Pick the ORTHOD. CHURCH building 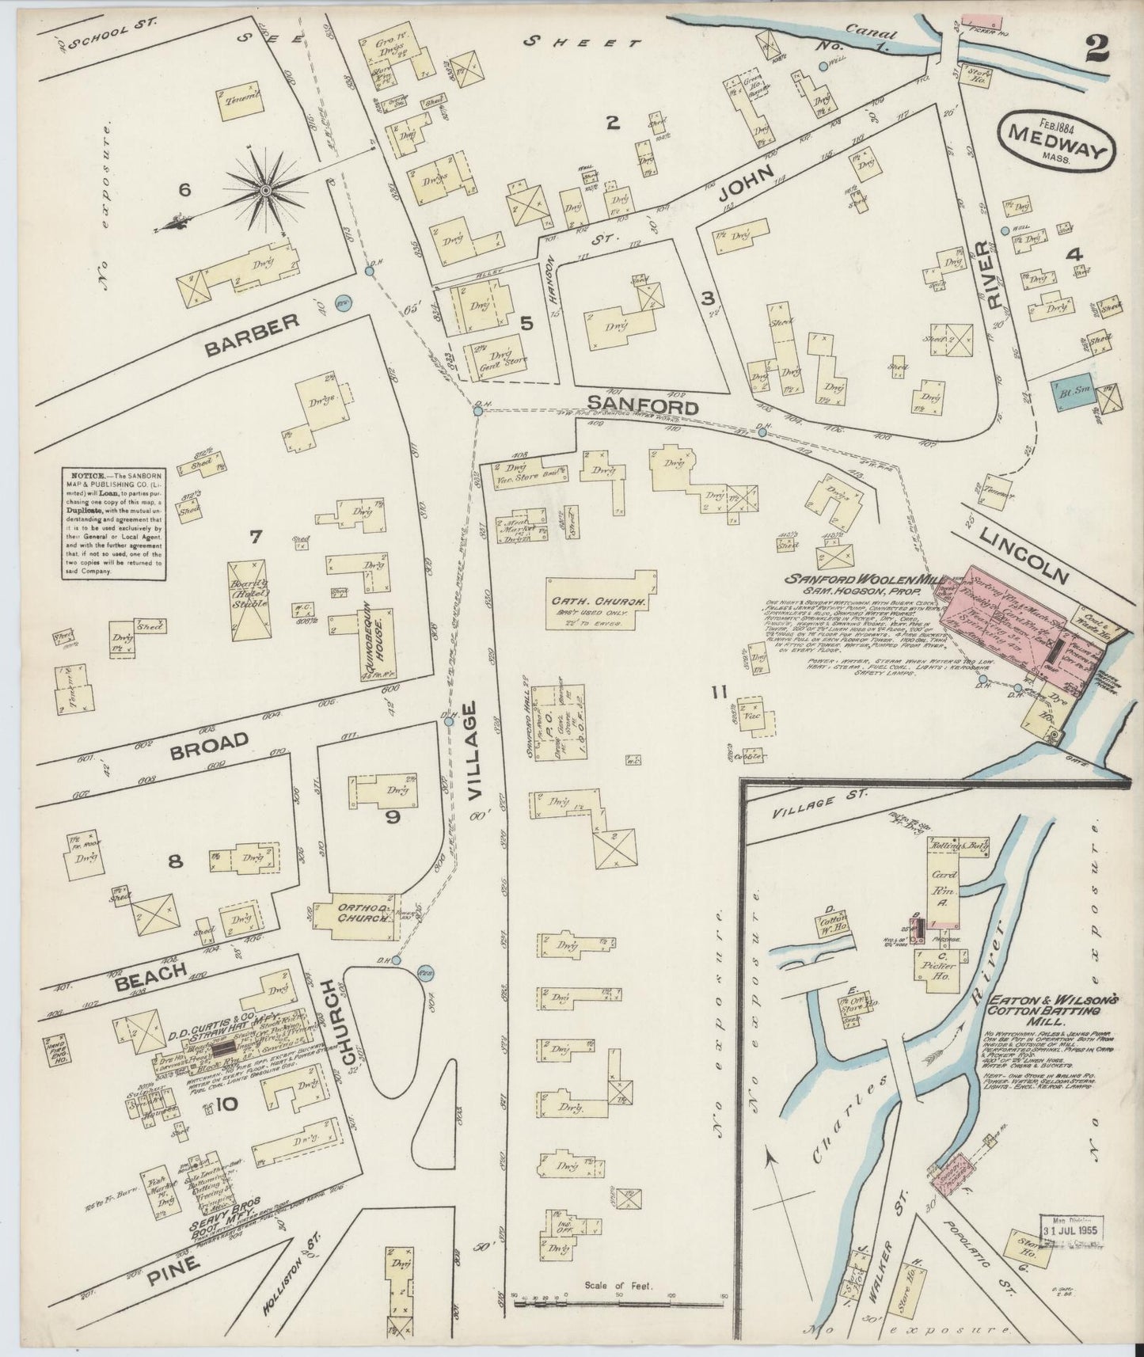click(x=352, y=916)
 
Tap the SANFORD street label click(x=644, y=407)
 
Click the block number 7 click(x=255, y=538)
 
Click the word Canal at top click(x=868, y=34)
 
